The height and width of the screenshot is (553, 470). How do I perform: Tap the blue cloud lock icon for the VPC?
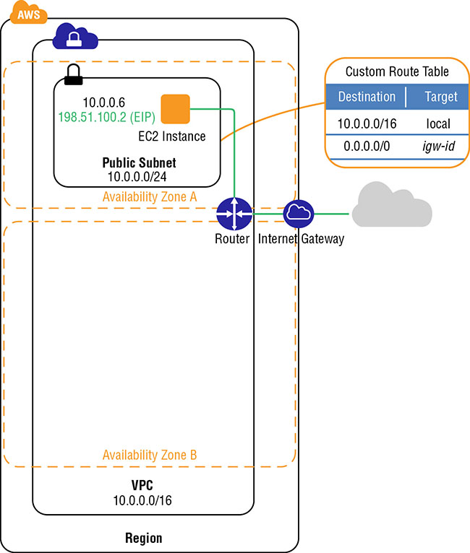[75, 37]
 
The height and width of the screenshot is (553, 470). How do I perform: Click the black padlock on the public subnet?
[72, 74]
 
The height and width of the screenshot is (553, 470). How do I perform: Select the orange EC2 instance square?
[175, 108]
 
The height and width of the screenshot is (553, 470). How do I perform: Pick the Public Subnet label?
[140, 162]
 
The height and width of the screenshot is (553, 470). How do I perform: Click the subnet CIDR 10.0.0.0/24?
[140, 175]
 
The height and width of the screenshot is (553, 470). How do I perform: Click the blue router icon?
[233, 214]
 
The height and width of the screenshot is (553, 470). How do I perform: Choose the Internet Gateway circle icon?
[297, 214]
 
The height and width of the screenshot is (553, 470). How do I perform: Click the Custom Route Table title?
[397, 71]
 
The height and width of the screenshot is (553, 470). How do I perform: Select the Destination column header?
[367, 97]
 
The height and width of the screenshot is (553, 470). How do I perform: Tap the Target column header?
[441, 97]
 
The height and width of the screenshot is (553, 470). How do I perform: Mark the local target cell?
[438, 123]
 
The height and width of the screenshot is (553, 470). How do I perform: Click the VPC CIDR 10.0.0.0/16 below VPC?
[142, 500]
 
